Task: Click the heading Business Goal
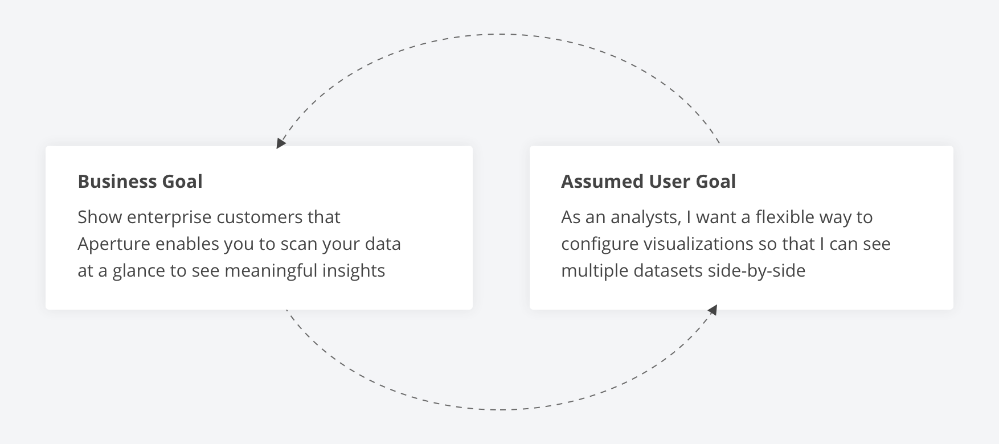coord(140,182)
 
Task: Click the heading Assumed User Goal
coord(648,182)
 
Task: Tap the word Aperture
coord(114,244)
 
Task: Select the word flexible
coord(785,217)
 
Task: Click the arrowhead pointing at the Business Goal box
coord(280,143)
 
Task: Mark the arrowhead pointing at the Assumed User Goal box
coord(712,310)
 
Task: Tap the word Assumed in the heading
coord(603,182)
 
